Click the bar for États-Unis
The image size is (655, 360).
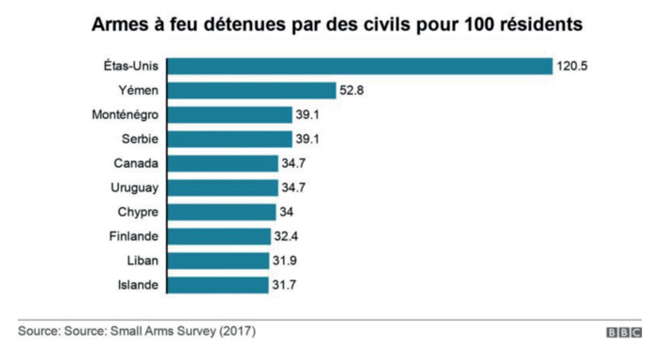tap(359, 66)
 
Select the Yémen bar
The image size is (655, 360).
tap(251, 90)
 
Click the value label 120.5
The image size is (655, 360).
tap(575, 66)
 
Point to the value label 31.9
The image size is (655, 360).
tap(286, 261)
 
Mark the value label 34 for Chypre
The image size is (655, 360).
tap(287, 212)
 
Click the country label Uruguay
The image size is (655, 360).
tap(134, 187)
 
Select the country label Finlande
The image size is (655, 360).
tap(132, 236)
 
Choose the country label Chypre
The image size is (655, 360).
tap(136, 212)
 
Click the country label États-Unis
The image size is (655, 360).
tap(129, 66)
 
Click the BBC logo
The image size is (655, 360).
tap(622, 333)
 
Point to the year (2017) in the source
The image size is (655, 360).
tap(237, 332)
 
